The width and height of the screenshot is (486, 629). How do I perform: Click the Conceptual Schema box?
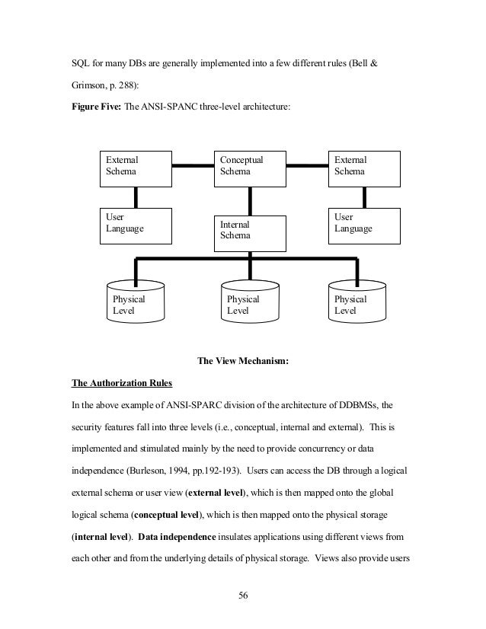[x=249, y=167]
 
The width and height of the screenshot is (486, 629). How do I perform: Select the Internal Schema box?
[x=249, y=232]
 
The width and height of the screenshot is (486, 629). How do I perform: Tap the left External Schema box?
[x=135, y=167]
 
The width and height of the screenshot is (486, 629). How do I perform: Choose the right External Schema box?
[x=363, y=167]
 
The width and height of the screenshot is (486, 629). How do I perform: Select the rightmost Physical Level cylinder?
[x=357, y=302]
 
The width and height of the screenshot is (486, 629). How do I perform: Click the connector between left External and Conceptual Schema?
[x=192, y=164]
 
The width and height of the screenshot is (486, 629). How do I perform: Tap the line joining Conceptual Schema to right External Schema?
[x=306, y=164]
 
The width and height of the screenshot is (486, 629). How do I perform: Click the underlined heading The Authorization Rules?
[x=122, y=382]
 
